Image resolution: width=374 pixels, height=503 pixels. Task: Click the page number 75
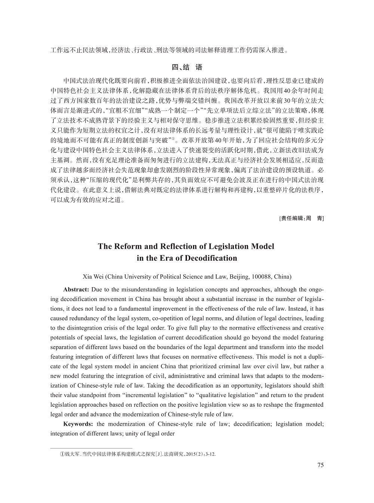coord(320,465)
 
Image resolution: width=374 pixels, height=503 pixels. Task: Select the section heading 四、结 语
coord(187,67)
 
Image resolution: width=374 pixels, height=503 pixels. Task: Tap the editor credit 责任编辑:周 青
coord(301,218)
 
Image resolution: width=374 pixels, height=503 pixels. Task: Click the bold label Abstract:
coord(76,289)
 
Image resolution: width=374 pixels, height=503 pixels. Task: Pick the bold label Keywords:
coord(78,424)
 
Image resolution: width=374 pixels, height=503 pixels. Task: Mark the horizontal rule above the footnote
coord(91,448)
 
